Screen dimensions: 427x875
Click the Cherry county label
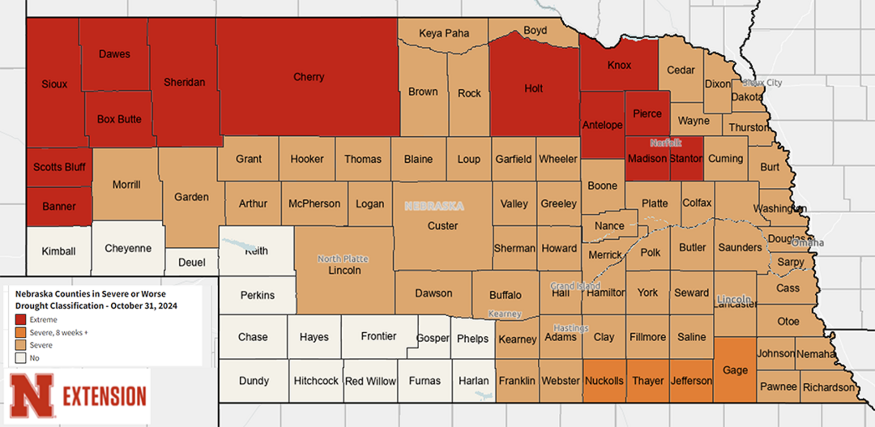pos(309,77)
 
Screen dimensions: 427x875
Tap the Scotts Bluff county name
pos(59,167)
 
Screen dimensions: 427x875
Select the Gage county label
pos(735,370)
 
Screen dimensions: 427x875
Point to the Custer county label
pos(443,226)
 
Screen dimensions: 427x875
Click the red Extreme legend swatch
pos(21,319)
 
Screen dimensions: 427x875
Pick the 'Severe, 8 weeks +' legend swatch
pos(21,332)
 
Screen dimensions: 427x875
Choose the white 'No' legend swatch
pos(21,358)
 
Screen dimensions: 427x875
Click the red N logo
pos(32,395)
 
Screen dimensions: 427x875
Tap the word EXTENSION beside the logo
pos(104,396)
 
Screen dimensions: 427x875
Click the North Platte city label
pos(343,259)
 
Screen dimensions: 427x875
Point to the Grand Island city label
pos(575,286)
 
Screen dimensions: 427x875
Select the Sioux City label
pos(762,82)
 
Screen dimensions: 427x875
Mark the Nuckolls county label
pos(604,381)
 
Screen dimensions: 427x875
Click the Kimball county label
pos(58,251)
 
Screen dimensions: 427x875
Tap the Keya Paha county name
pos(444,33)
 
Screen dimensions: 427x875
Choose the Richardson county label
pos(829,387)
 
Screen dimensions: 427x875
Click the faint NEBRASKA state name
pos(434,206)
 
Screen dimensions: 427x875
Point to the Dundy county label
pos(254,381)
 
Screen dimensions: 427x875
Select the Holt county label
pos(533,88)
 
